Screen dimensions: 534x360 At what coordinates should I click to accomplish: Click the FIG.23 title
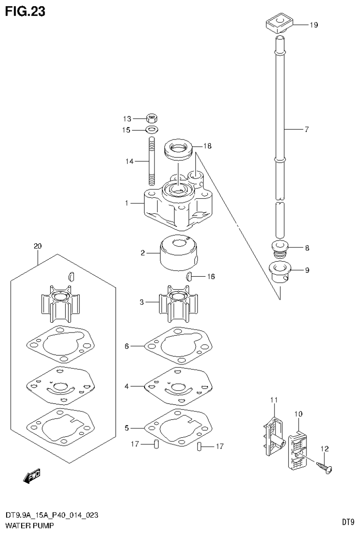tap(25, 11)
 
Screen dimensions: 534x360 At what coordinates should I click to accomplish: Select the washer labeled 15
tap(151, 130)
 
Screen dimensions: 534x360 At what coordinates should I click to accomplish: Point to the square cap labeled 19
tap(278, 23)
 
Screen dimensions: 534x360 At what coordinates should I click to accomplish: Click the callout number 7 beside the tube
tap(306, 130)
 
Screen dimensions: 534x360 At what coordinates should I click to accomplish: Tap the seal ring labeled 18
tap(178, 149)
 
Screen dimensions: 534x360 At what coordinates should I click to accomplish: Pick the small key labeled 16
tap(190, 276)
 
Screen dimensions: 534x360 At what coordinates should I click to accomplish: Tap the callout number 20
tap(38, 246)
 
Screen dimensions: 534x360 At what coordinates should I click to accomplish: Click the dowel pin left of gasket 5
tap(156, 444)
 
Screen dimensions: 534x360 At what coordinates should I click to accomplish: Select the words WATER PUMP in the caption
tap(29, 525)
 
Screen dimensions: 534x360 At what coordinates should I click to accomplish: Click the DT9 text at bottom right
tap(347, 521)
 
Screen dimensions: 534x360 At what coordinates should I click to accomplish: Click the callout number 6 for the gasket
tap(127, 346)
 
